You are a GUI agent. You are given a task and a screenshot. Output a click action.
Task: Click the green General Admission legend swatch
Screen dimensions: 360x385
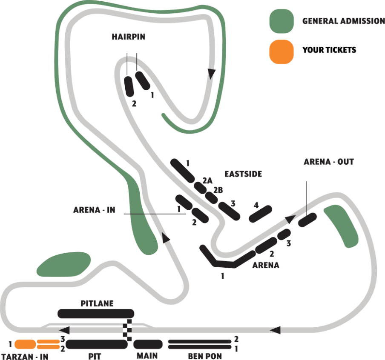click(x=282, y=21)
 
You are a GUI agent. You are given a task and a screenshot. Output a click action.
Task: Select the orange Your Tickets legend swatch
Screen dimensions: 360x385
click(x=282, y=51)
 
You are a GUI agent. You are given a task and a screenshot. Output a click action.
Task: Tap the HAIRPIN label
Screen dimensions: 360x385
click(x=128, y=37)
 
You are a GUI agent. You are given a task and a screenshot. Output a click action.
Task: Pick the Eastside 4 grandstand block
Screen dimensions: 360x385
click(x=260, y=214)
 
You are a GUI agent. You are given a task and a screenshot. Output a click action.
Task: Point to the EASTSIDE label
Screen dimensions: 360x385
click(x=243, y=174)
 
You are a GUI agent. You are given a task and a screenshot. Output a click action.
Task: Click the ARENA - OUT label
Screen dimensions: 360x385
click(x=329, y=162)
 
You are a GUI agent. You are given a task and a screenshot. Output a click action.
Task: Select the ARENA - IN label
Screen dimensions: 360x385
click(x=94, y=210)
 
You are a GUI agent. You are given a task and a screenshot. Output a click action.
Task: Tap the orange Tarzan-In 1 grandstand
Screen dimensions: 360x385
click(x=25, y=344)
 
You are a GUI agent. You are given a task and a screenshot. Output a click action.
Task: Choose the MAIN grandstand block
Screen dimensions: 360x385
click(x=148, y=344)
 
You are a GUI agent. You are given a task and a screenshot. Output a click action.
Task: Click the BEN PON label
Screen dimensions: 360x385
click(x=205, y=356)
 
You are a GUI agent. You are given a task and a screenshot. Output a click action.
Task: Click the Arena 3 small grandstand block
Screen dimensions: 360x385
click(x=284, y=234)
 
